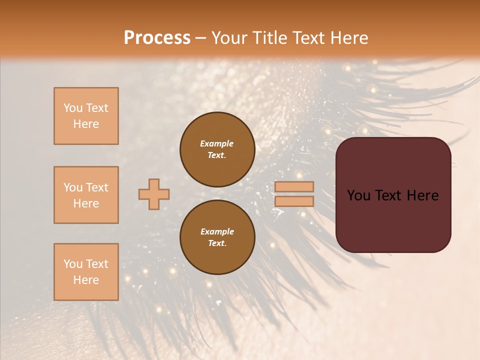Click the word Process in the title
(157, 37)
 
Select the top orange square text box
(86, 116)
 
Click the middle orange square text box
(86, 195)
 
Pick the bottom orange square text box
(86, 271)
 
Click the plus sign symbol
(153, 194)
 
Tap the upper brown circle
(217, 149)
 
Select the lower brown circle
(217, 237)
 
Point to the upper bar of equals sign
(294, 186)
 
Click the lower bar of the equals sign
(294, 201)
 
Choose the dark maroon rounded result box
(393, 220)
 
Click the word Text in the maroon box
(393, 195)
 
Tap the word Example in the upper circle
(217, 143)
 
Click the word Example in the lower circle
(217, 231)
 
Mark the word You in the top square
(73, 108)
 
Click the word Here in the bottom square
(86, 280)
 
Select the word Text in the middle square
(96, 187)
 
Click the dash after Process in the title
(201, 38)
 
